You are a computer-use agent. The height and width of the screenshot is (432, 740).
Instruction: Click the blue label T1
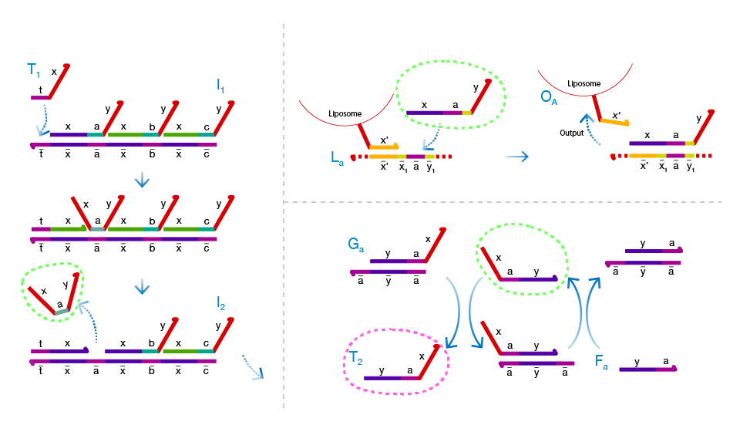pyautogui.click(x=33, y=71)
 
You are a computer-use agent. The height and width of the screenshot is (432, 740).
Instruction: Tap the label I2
pyautogui.click(x=220, y=304)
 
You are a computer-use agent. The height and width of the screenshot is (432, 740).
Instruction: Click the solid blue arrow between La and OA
pyautogui.click(x=516, y=157)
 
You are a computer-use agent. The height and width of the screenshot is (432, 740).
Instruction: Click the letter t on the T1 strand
pyautogui.click(x=40, y=89)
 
